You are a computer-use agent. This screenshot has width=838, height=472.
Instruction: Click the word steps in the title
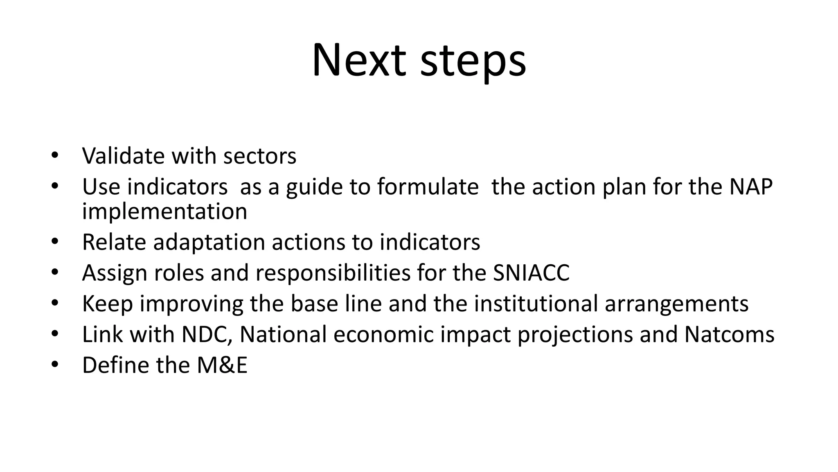click(473, 61)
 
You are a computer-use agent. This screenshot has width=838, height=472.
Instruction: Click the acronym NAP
click(751, 187)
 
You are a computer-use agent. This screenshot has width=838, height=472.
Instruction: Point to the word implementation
click(164, 212)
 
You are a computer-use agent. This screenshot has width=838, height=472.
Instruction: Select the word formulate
click(428, 187)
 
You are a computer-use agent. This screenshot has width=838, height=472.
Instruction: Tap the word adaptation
click(209, 242)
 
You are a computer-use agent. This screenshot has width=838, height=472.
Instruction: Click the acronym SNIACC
click(531, 273)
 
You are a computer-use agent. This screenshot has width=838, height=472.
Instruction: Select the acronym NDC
click(207, 334)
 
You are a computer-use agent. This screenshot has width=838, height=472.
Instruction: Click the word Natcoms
click(729, 334)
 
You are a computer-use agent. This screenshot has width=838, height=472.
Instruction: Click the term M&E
click(222, 365)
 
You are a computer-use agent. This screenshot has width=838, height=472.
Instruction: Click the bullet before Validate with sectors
click(55, 156)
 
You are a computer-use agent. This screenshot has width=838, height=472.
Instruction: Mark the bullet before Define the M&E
click(55, 365)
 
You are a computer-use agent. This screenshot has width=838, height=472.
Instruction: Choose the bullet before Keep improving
click(55, 303)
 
